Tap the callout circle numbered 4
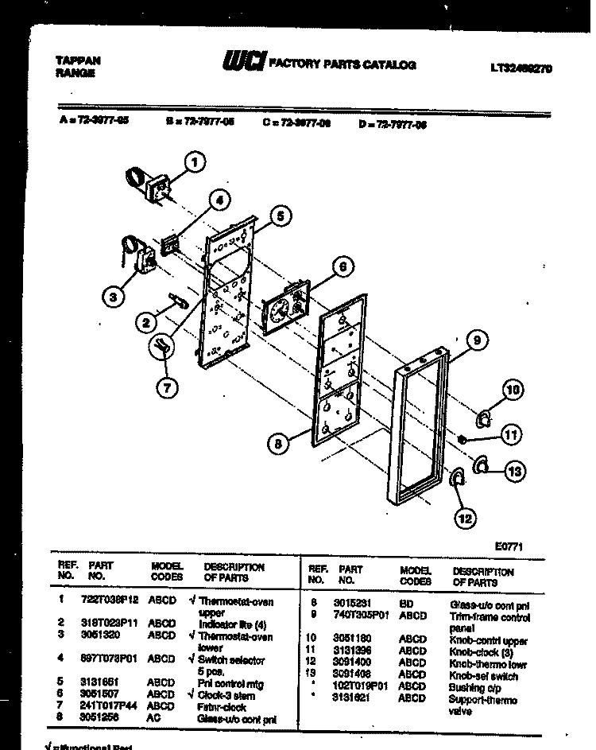[x=222, y=201]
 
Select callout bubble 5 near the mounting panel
[x=281, y=215]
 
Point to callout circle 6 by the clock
[x=341, y=268]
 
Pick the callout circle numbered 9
[x=475, y=342]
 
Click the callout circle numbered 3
[x=114, y=297]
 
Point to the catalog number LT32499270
[x=521, y=68]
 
